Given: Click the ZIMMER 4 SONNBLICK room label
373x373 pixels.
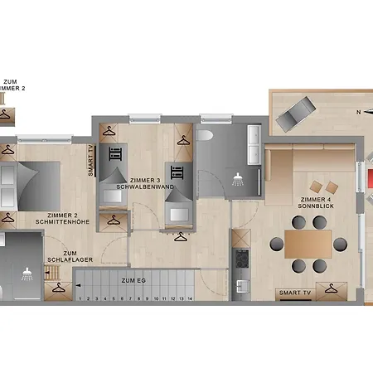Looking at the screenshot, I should pos(317,204).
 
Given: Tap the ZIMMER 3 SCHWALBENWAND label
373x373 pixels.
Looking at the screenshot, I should pos(146,184).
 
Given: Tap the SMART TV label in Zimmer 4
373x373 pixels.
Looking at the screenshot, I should pos(294,293).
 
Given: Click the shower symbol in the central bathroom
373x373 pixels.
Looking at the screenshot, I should pos(239,177).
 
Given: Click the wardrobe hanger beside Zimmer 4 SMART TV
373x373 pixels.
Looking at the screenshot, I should pos(332,290).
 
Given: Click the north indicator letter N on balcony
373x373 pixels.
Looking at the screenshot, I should pos(358,112).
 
